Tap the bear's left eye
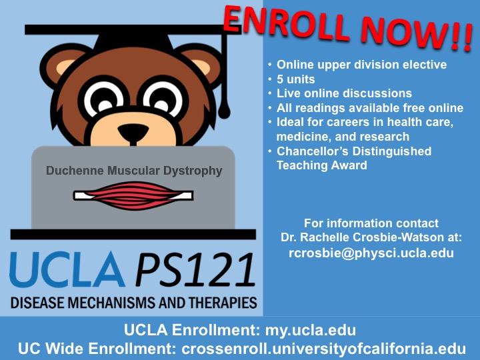point(103,99)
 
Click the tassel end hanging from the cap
point(224,111)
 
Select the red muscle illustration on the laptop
point(133,195)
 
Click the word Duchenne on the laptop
point(75,171)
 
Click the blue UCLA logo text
point(67,270)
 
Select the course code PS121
point(195,270)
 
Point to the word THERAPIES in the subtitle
point(223,303)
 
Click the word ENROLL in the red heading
point(286,23)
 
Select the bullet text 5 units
point(296,79)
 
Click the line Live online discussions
point(344,93)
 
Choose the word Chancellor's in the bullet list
point(311,151)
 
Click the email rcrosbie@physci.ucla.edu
point(371,253)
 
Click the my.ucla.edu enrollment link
point(311,331)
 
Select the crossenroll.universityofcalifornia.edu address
point(324,349)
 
